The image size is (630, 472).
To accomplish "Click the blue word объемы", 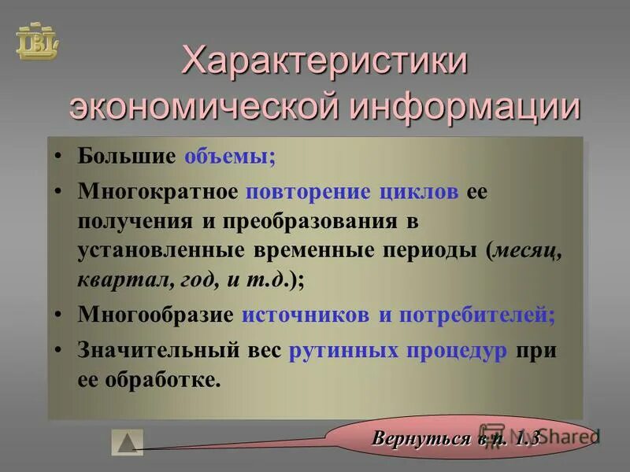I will (x=230, y=156).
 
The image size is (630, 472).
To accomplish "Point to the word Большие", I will (x=126, y=156).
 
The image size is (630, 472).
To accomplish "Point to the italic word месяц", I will (x=528, y=251).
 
